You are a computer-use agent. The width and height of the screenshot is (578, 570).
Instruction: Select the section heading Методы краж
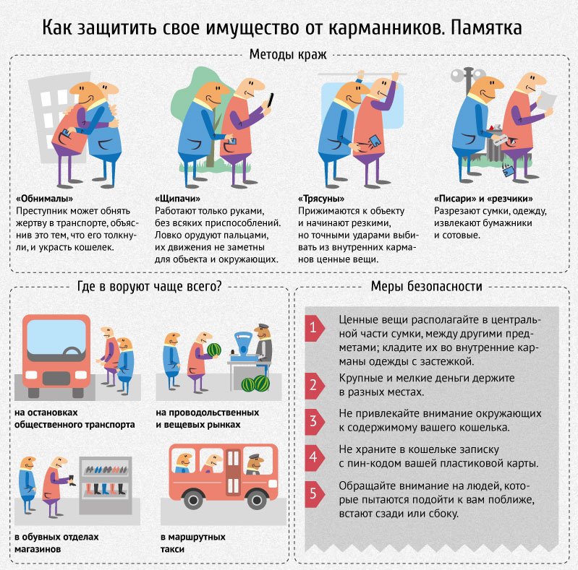coord(288,55)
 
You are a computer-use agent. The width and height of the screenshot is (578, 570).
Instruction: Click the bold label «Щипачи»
coord(177,198)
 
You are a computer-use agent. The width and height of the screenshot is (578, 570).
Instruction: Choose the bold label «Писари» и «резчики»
coord(483,198)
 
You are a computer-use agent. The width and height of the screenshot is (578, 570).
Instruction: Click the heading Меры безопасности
coord(426,287)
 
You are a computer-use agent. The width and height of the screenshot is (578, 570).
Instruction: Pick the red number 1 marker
coord(313,329)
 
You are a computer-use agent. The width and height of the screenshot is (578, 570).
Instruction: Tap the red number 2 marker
coord(313,385)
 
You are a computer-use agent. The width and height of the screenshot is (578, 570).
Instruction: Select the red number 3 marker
coord(313,421)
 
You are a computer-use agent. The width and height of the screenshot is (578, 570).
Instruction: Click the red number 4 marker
coord(313,457)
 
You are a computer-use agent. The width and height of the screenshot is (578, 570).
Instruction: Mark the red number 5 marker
coord(313,494)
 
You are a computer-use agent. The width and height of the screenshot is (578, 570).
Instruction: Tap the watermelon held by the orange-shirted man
coord(213,350)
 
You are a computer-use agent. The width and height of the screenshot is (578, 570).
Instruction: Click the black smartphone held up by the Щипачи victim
coord(271,99)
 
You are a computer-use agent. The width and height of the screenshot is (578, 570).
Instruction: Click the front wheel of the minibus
coord(192,499)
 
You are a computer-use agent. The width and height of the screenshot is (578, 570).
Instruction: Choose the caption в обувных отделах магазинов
coord(56,543)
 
